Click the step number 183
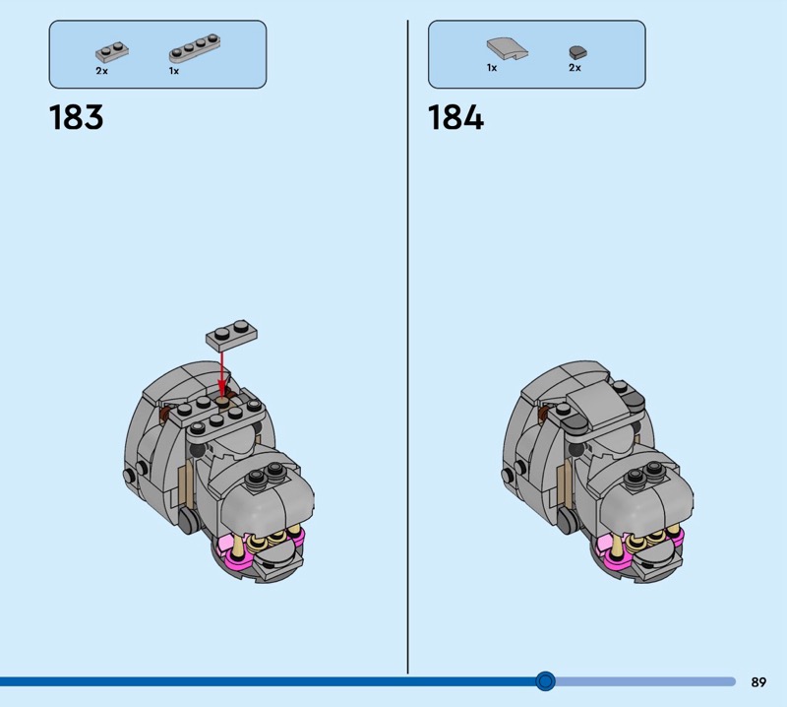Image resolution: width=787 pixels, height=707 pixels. (77, 117)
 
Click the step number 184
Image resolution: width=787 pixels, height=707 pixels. (455, 117)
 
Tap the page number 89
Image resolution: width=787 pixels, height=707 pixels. (758, 681)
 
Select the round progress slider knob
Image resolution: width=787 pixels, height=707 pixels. (545, 681)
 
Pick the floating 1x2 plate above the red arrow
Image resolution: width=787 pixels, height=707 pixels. (231, 333)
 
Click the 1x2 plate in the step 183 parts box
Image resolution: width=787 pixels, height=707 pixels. (112, 52)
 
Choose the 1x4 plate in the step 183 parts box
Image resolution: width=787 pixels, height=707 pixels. (195, 48)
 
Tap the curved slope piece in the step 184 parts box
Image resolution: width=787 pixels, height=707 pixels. (507, 49)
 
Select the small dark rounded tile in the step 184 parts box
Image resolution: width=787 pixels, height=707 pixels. (577, 52)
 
